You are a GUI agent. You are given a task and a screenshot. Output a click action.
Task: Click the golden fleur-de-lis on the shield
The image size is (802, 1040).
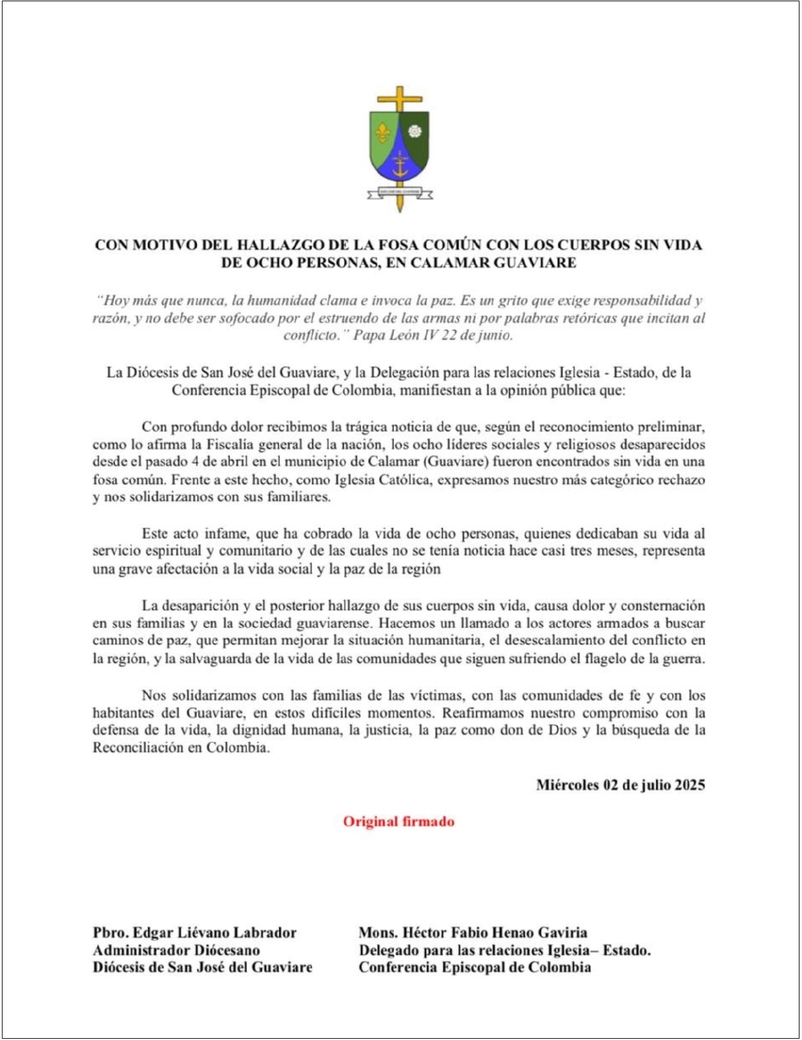point(383,132)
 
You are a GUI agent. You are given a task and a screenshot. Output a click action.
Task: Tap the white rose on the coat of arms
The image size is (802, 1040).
point(415,132)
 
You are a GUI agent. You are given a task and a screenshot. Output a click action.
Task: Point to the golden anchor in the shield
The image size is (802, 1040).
point(399,166)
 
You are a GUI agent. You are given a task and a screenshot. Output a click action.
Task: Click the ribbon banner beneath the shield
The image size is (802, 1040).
point(400,194)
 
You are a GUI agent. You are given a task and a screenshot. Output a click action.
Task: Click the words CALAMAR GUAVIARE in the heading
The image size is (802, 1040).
point(493,262)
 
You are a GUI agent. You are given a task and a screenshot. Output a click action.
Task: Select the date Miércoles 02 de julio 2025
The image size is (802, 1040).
point(620,785)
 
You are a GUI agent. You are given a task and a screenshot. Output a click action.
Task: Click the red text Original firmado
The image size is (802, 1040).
point(398,821)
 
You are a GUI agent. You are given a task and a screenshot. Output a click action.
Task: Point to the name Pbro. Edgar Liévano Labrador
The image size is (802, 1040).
point(194,933)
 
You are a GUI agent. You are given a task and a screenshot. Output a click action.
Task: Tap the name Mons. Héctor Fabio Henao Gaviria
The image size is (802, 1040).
point(473,933)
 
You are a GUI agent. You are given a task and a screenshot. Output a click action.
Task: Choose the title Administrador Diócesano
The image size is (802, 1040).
point(176,950)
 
